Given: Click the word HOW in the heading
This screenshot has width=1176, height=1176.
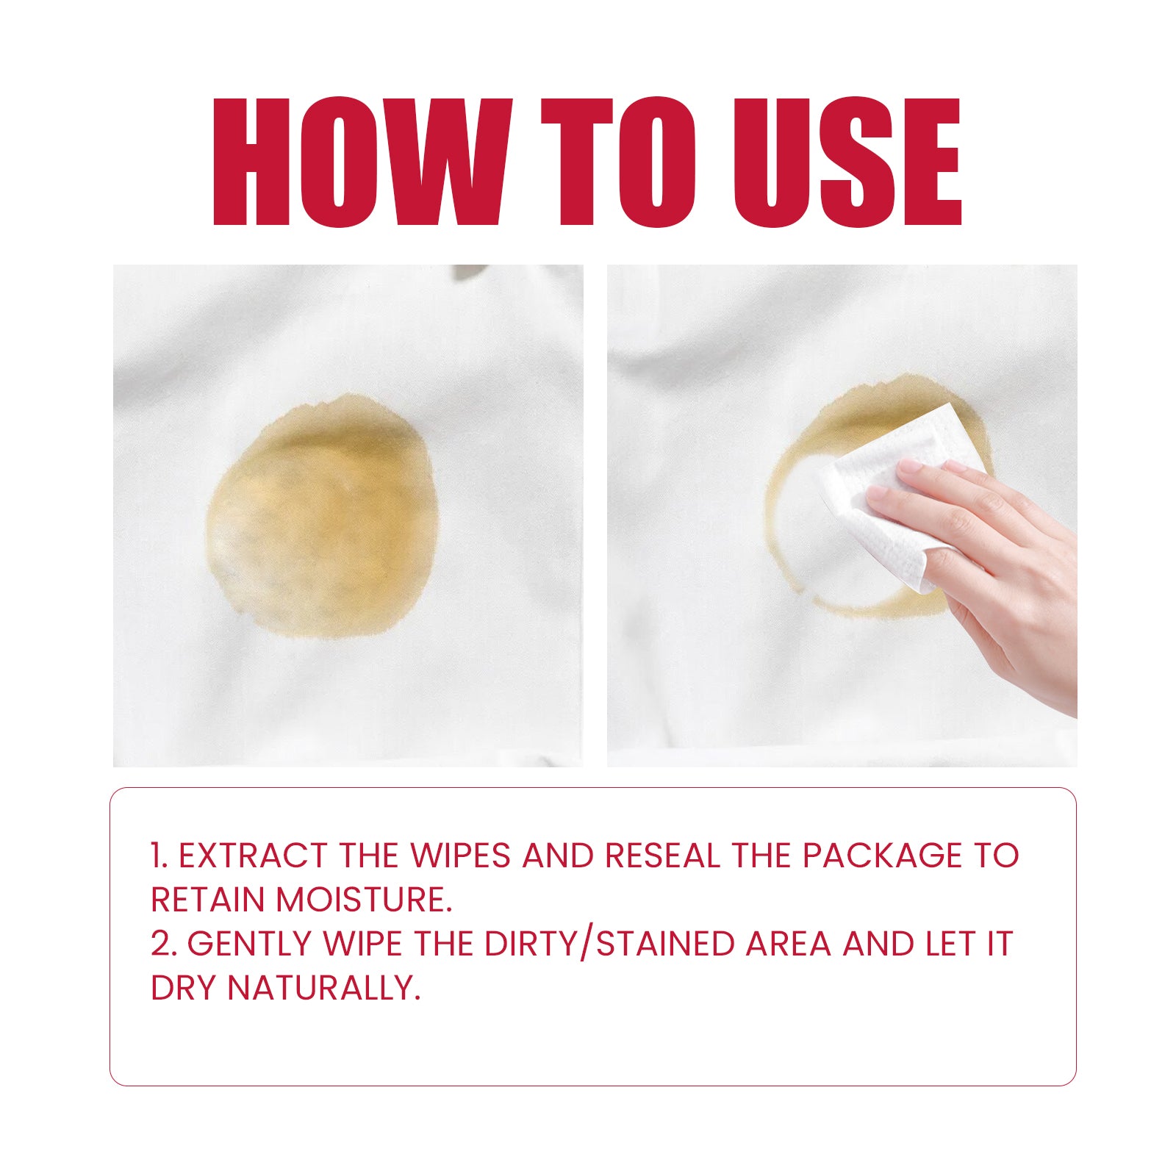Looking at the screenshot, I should (360, 162).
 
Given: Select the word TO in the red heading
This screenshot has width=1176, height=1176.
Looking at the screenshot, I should (617, 162).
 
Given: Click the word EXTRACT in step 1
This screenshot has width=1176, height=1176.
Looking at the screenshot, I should (253, 856).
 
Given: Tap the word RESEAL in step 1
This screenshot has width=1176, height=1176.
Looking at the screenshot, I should (662, 856).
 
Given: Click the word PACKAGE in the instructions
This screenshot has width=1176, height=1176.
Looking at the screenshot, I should (882, 856).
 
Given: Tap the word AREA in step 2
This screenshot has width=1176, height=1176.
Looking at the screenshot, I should (788, 944).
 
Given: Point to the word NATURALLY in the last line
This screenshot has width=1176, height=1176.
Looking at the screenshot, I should (323, 989).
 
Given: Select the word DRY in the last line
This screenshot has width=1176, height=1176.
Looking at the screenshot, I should (184, 989).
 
